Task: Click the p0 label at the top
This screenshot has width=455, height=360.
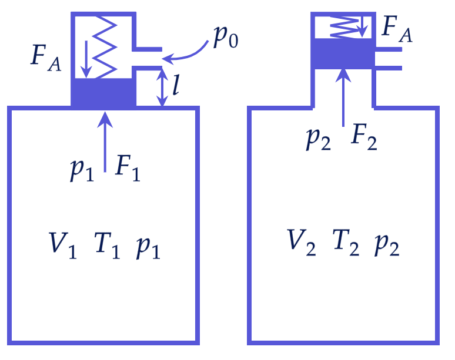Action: click(x=226, y=37)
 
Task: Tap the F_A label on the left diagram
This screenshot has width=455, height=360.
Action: click(x=46, y=58)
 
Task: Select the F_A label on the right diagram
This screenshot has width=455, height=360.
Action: click(x=397, y=29)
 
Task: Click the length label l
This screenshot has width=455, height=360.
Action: click(x=176, y=85)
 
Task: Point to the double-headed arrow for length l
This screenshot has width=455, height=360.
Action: click(x=162, y=88)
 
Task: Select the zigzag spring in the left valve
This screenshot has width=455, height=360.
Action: click(x=105, y=47)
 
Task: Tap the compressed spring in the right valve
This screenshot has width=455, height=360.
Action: click(x=344, y=27)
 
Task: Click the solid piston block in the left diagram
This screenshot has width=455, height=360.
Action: click(x=103, y=92)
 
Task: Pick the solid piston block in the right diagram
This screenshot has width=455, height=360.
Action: click(x=343, y=54)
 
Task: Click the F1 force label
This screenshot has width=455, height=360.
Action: click(x=128, y=168)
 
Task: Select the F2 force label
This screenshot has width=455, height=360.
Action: click(x=364, y=136)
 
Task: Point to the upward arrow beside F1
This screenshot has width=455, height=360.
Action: click(x=105, y=142)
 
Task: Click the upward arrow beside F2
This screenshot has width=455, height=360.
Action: click(x=343, y=97)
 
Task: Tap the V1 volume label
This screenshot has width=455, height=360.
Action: click(x=62, y=245)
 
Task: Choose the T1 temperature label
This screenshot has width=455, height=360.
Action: click(x=107, y=245)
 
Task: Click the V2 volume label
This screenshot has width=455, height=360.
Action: click(x=301, y=243)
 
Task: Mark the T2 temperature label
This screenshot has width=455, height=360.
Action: click(x=346, y=243)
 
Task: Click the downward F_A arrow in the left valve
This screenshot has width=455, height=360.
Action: click(x=86, y=59)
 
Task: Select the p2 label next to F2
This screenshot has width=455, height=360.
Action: click(x=319, y=139)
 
